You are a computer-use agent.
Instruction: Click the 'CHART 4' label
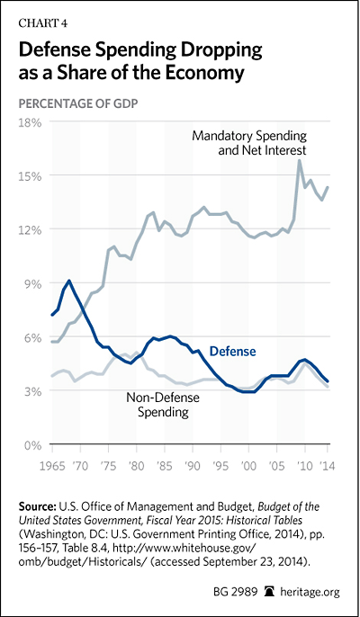tap(43, 23)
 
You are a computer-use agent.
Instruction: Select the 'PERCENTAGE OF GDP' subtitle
tap(80, 104)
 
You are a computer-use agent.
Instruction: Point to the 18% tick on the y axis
tap(31, 122)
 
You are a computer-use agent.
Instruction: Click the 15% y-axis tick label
tap(31, 176)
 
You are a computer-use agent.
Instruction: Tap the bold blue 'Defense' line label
tap(232, 351)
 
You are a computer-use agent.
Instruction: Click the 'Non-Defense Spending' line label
tap(163, 405)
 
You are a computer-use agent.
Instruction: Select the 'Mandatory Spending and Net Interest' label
tap(249, 143)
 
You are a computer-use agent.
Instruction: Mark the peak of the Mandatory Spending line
tap(300, 160)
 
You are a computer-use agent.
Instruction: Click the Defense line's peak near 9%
tap(69, 281)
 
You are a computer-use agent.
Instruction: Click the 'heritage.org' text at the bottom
tap(310, 592)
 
